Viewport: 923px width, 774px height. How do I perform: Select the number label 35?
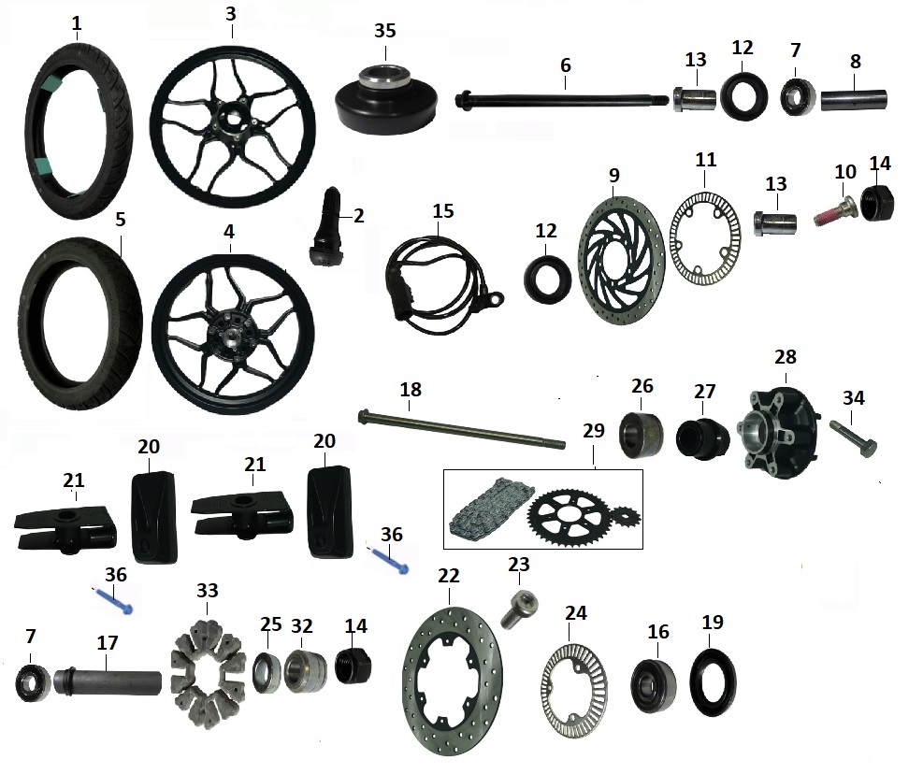pyautogui.click(x=385, y=29)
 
